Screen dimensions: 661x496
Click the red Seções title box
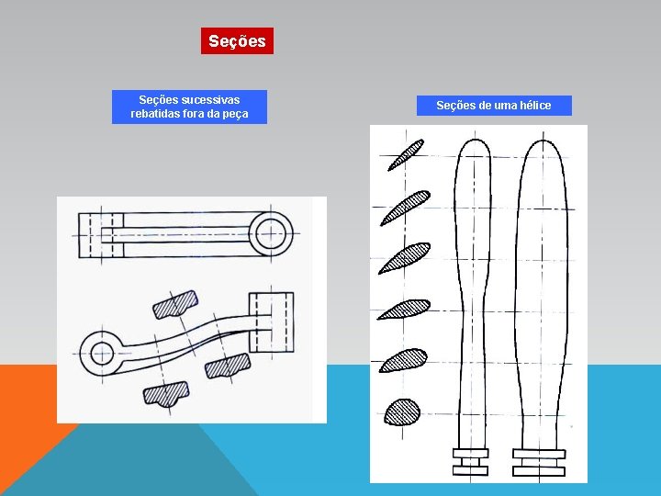coord(237,41)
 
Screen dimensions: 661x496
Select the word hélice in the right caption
coord(532,106)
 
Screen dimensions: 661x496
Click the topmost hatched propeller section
coord(405,154)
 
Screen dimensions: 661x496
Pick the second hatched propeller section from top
coord(405,209)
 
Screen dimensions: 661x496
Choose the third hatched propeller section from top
coord(405,258)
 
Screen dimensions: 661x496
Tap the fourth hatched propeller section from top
coord(404,309)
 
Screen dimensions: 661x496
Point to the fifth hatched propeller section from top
coord(403,360)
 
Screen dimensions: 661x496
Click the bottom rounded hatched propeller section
coord(402,411)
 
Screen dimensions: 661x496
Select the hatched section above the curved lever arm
coord(174,304)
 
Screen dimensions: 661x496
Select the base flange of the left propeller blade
coord(470,462)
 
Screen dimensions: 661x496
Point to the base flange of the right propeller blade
coord(538,462)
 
